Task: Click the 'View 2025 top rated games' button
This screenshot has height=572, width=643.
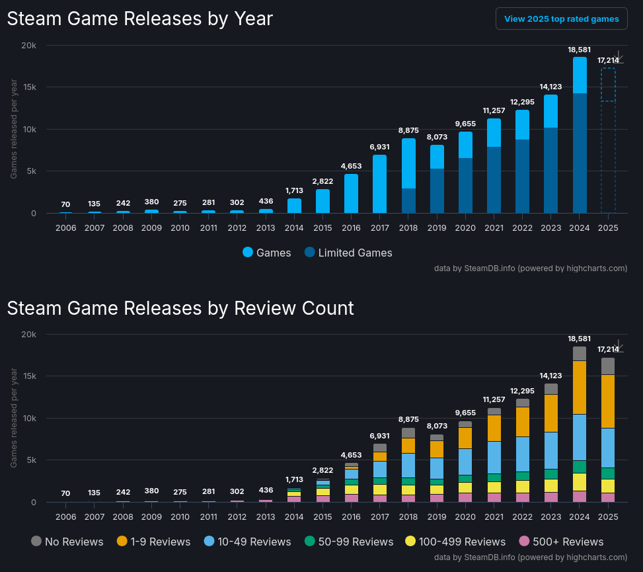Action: click(x=561, y=19)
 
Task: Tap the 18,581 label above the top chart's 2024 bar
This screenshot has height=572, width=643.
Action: click(x=580, y=50)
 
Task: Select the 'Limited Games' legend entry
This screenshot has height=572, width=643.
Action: click(x=348, y=253)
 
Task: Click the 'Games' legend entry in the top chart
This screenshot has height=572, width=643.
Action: click(x=267, y=253)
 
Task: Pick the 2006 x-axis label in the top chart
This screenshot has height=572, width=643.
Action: click(x=66, y=227)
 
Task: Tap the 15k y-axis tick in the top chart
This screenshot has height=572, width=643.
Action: click(x=28, y=87)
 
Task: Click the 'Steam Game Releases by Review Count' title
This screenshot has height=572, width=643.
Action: click(x=180, y=308)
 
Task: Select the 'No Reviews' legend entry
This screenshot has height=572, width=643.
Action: click(x=67, y=542)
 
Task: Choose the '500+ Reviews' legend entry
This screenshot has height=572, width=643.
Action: click(x=561, y=542)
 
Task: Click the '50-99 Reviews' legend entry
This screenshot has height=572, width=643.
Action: click(x=349, y=542)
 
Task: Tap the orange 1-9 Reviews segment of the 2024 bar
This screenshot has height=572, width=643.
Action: click(x=580, y=387)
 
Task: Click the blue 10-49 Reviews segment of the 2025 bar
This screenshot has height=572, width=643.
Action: click(x=608, y=448)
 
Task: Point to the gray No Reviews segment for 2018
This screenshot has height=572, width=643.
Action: click(x=408, y=433)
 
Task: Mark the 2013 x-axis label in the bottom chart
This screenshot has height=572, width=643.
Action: click(x=266, y=516)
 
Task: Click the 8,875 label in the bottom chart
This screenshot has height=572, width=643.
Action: click(x=408, y=419)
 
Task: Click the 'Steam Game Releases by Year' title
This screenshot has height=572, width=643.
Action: click(x=139, y=19)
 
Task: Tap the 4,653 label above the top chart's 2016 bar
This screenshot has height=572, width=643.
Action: click(x=352, y=165)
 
